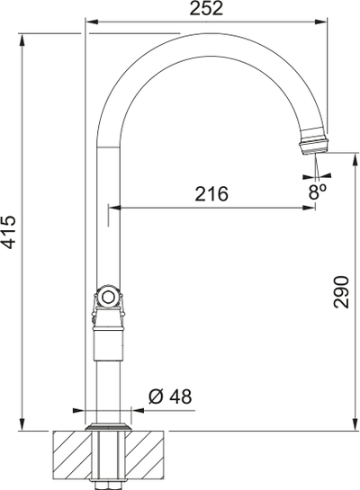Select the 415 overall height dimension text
point(10,233)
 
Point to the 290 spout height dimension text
point(341,291)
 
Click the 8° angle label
point(317,192)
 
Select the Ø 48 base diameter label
point(167,396)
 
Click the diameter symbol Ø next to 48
point(154,396)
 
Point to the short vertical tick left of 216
point(110,210)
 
